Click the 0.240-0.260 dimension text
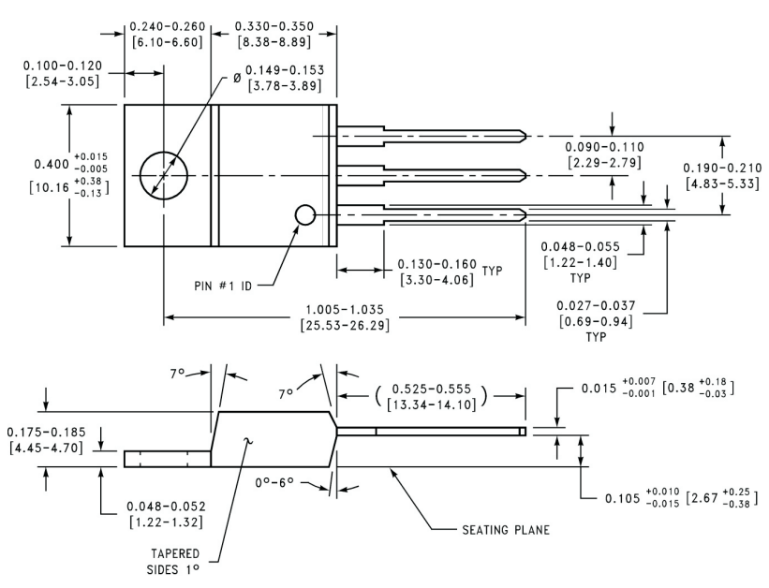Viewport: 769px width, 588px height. click(165, 27)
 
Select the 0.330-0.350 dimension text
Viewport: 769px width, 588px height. click(274, 27)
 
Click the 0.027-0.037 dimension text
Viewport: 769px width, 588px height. click(594, 306)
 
